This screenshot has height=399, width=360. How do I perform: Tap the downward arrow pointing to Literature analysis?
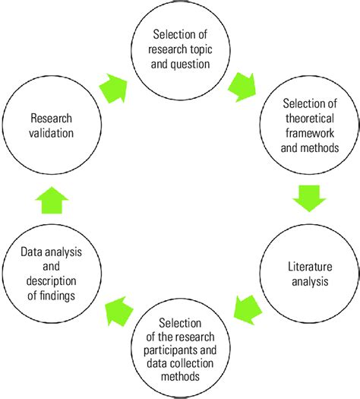pyautogui.click(x=308, y=200)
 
